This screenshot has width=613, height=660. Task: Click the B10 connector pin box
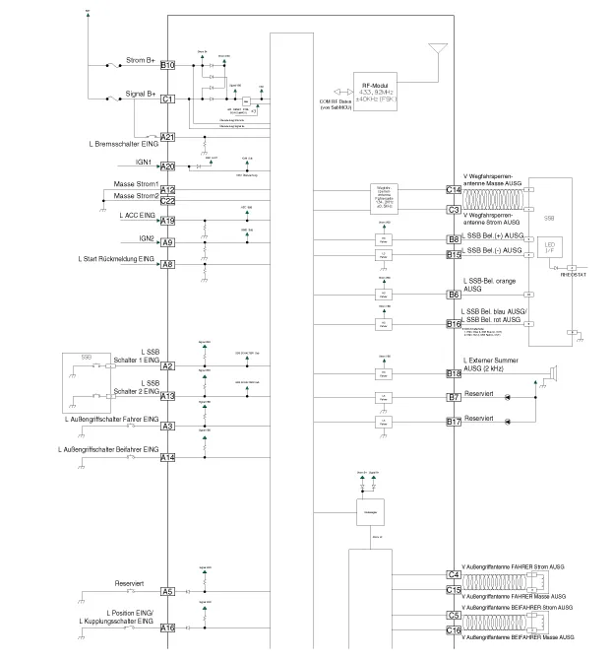click(x=167, y=66)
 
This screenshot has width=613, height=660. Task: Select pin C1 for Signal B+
click(x=167, y=99)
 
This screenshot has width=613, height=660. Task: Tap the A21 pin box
click(x=167, y=137)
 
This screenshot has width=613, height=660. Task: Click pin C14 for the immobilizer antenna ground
click(x=454, y=189)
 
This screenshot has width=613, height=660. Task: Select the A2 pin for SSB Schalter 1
click(x=167, y=366)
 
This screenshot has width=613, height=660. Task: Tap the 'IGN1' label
click(x=144, y=162)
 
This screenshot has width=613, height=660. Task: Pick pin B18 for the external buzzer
click(x=454, y=374)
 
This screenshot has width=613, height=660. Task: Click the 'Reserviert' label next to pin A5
click(x=129, y=584)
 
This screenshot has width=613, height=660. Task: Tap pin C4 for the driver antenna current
click(x=454, y=574)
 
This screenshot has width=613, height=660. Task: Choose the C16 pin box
click(x=454, y=630)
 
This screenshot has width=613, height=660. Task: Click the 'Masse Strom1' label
click(x=136, y=184)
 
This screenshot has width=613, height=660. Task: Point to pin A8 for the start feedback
click(x=167, y=264)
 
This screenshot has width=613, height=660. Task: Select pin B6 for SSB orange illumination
click(x=454, y=295)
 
